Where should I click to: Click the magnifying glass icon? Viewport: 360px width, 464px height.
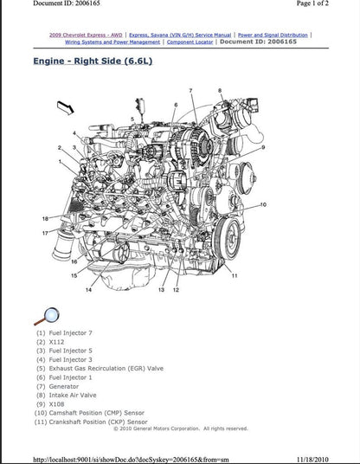[x=46, y=317]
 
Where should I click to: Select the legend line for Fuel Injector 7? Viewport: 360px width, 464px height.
[x=64, y=333]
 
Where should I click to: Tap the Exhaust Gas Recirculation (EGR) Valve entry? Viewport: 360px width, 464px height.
[x=100, y=367]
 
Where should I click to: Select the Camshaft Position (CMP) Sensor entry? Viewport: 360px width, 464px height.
[x=90, y=413]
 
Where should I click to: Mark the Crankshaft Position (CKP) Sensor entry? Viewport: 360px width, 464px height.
[x=92, y=422]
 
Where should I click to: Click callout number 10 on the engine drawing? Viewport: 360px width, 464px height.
[x=263, y=204]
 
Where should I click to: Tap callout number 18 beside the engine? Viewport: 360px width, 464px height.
[x=45, y=219]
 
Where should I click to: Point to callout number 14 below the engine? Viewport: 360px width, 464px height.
[x=87, y=291]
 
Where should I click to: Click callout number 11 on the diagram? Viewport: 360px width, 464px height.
[x=235, y=275]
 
